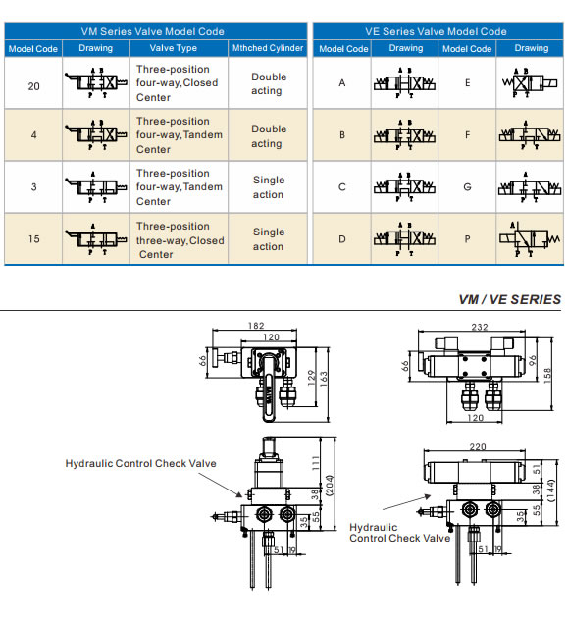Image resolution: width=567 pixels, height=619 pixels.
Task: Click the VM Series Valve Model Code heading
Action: [x=155, y=31]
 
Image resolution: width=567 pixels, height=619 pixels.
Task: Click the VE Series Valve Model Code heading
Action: [x=437, y=31]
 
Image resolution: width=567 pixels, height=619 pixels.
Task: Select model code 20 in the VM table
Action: [x=34, y=85]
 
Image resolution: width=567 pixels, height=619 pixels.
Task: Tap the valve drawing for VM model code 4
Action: [x=95, y=135]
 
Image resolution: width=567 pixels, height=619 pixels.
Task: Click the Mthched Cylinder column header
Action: [x=267, y=48]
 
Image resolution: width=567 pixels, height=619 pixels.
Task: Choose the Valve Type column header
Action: [x=174, y=48]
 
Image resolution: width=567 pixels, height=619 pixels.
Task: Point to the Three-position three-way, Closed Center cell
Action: [x=180, y=240]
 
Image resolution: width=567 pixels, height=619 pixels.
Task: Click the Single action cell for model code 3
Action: [x=268, y=187]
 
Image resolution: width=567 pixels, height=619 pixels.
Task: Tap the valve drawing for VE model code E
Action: [x=531, y=83]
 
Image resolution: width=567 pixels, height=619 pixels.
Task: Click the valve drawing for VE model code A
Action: [x=405, y=83]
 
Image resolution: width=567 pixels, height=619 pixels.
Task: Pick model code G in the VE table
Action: [x=467, y=186]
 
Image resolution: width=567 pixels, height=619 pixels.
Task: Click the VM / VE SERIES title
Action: [x=509, y=299]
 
